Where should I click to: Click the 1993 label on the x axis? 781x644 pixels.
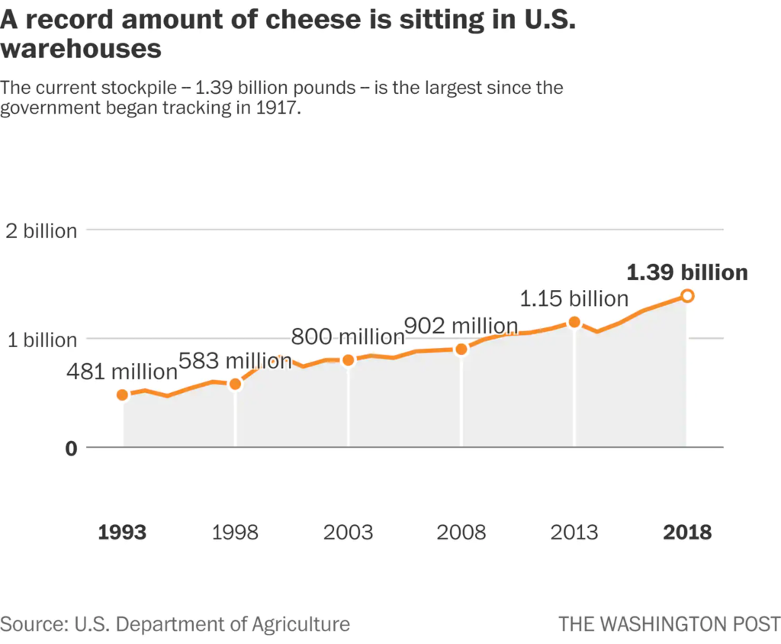(x=122, y=532)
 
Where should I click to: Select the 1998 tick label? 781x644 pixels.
(x=235, y=532)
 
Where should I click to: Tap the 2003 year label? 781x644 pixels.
(x=349, y=532)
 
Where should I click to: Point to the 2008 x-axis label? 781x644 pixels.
(x=461, y=532)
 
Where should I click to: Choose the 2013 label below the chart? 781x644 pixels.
(x=574, y=532)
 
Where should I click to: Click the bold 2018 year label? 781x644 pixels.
(x=686, y=532)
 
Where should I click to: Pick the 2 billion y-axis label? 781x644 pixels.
(x=41, y=231)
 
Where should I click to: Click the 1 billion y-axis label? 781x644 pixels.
(x=41, y=340)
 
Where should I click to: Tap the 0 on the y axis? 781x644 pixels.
(x=70, y=449)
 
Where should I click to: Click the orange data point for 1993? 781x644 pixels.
(x=122, y=394)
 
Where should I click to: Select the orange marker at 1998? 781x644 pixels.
(x=235, y=384)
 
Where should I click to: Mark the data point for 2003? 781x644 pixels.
(x=349, y=360)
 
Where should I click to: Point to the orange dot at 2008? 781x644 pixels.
(x=461, y=349)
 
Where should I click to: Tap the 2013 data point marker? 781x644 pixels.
(x=574, y=322)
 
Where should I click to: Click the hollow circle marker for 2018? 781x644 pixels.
(x=686, y=296)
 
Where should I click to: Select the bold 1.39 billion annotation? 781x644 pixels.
(x=686, y=272)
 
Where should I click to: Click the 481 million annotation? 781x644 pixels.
(x=122, y=372)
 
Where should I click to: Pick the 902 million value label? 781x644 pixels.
(x=461, y=326)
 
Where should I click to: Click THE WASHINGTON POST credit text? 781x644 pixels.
(x=669, y=623)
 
